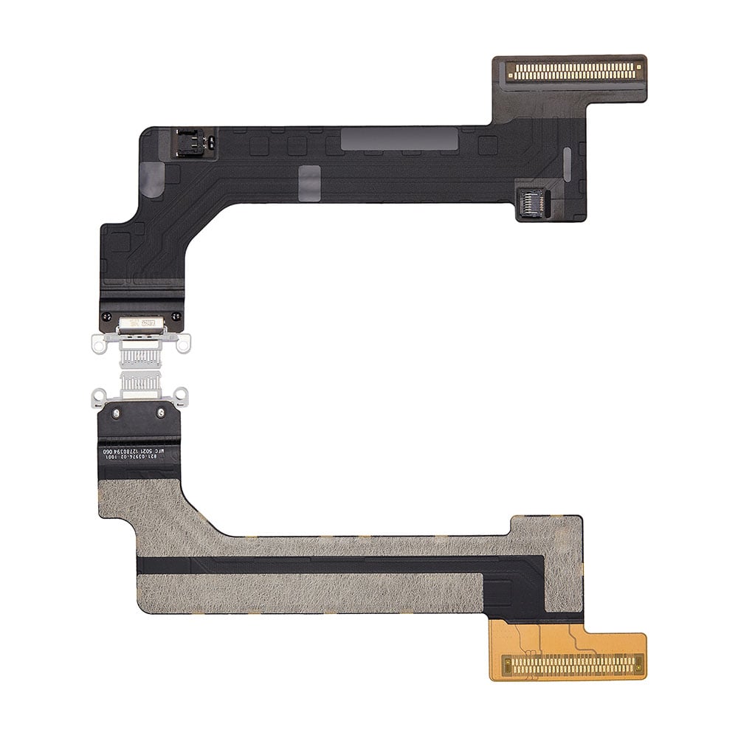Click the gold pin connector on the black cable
click(573, 72)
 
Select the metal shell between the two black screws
click(142, 323)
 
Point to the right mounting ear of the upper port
click(183, 342)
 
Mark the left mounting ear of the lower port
click(98, 398)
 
